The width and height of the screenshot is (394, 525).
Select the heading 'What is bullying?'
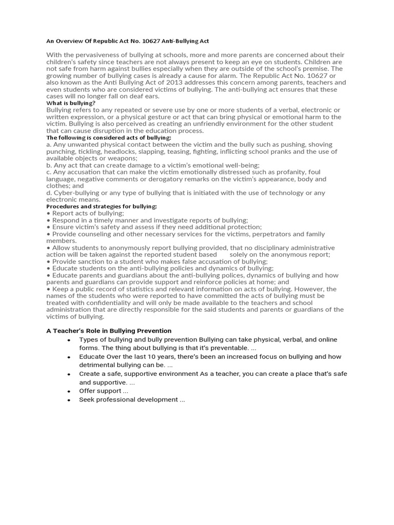pos(71,103)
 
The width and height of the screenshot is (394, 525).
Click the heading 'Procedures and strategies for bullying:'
pos(102,207)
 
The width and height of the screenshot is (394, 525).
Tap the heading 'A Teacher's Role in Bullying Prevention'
pos(109,331)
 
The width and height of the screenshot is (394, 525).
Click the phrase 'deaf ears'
pos(145,96)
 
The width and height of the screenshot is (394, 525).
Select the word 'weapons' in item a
pos(119,158)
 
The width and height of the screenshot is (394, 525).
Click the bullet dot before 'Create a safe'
pos(69,374)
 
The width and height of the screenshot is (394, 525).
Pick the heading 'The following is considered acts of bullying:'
pos(109,137)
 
